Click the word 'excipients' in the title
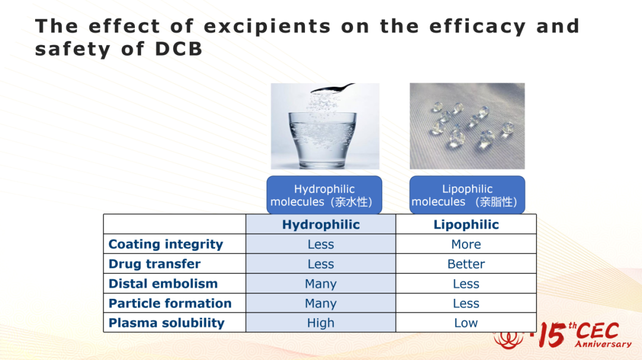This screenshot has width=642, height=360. point(267,27)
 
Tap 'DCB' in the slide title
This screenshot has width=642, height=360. point(178,49)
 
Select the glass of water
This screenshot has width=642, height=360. point(323,140)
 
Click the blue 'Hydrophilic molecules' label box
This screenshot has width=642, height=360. point(325,195)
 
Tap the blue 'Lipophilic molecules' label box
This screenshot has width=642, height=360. point(467,195)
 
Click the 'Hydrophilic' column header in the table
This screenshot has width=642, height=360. point(321,225)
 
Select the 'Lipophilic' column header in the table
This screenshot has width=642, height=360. point(467,225)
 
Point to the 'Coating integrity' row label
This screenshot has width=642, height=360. point(166,244)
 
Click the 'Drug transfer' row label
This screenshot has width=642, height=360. point(155,264)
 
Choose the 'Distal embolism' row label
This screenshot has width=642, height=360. point(163,283)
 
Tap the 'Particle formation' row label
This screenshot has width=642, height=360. point(170,303)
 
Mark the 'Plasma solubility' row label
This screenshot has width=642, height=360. point(166,323)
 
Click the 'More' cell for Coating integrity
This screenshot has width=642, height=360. point(467,244)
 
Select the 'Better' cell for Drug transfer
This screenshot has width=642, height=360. point(467,264)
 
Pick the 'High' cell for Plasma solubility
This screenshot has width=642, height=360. point(320,323)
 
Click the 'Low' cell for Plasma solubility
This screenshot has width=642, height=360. point(466,323)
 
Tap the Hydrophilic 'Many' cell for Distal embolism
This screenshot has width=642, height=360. point(320,284)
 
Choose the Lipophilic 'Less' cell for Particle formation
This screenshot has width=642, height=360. point(466,303)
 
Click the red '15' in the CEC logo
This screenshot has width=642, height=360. point(552,334)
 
